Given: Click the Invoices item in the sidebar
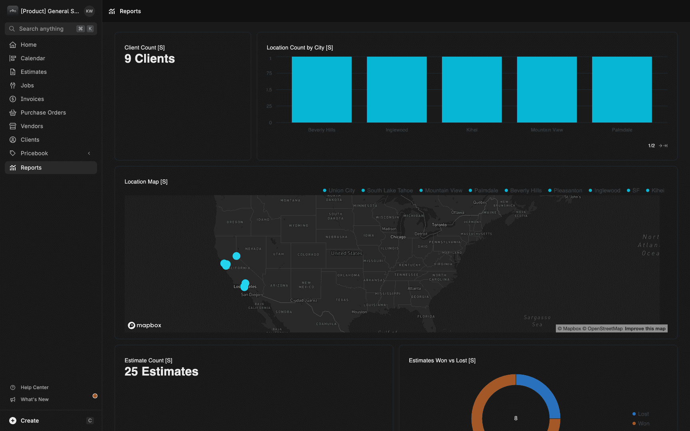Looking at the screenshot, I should [32, 99].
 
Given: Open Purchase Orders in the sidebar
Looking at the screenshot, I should [43, 113].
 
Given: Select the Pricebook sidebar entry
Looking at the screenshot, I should [34, 153].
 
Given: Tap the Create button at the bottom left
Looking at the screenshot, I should [30, 421].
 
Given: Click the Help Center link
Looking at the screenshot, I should [34, 388].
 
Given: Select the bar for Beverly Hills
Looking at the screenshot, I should [321, 89].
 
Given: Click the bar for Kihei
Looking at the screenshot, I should [472, 89].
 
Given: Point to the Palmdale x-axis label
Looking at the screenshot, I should [622, 130].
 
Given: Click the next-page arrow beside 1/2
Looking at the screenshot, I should [660, 146].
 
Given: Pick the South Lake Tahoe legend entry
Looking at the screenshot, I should [389, 191].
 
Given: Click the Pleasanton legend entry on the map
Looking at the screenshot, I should [567, 191].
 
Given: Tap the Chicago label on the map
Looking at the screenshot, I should [398, 237].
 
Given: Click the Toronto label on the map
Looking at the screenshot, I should [439, 225].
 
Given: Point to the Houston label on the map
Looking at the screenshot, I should [359, 312].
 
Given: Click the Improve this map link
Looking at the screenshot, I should [645, 329].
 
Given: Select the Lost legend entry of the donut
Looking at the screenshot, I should [643, 414].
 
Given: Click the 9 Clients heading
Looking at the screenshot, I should [150, 59].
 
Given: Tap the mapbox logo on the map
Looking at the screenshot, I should [145, 325].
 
